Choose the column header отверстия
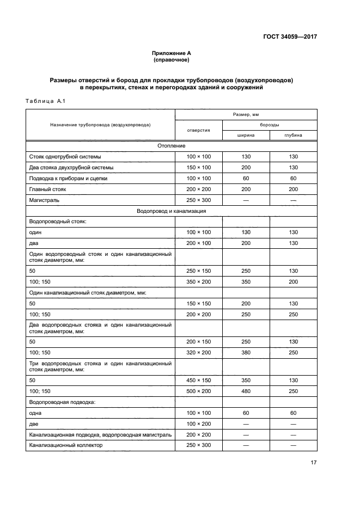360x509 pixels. click(198, 130)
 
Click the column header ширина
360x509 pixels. click(246, 135)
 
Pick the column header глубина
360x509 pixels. click(293, 135)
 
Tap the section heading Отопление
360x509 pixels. click(171, 146)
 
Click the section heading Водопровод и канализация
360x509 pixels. click(171, 211)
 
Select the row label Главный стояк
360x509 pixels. click(49, 189)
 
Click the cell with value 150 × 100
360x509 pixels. click(198, 167)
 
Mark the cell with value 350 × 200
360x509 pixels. click(198, 281)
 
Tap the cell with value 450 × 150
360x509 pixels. click(198, 379)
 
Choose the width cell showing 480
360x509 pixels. click(246, 390)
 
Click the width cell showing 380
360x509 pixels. click(246, 352)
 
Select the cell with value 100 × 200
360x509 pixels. click(198, 423)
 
